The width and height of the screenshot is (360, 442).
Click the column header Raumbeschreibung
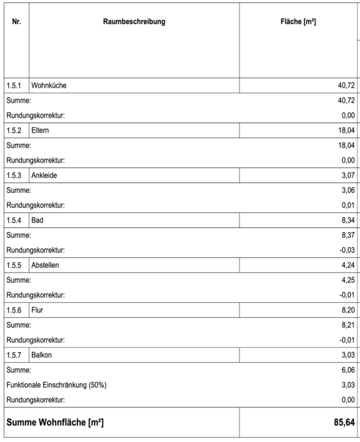click(x=134, y=22)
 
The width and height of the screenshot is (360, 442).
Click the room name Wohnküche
click(x=49, y=86)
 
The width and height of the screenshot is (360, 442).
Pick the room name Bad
click(x=37, y=220)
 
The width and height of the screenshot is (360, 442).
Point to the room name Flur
click(x=37, y=310)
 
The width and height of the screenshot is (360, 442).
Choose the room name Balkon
click(x=42, y=355)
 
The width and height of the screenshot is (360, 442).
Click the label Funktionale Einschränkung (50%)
click(x=59, y=385)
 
